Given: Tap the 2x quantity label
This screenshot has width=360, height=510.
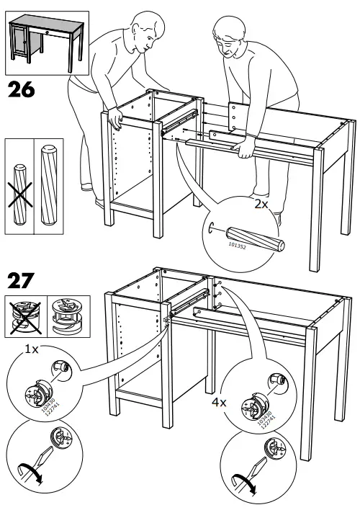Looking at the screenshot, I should [261, 205].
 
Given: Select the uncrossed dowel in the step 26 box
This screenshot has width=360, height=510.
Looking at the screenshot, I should [50, 184].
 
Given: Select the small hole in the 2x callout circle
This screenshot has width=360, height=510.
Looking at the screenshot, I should [214, 229].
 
